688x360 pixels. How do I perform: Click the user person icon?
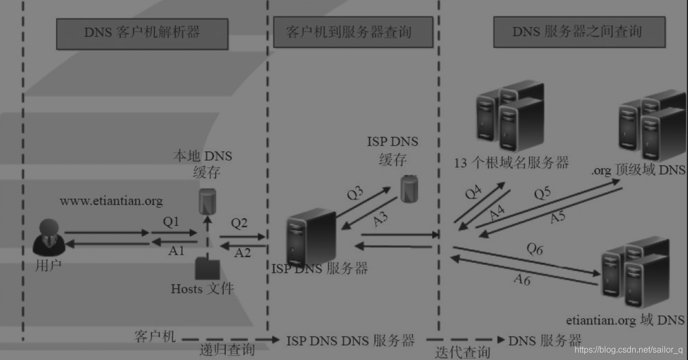tap(48, 237)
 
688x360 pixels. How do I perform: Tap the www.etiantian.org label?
tap(111, 201)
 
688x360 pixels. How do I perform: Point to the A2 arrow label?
tap(242, 253)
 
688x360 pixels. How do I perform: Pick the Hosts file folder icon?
tap(207, 269)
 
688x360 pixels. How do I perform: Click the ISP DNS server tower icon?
tap(311, 236)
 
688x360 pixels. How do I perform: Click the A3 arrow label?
tap(381, 219)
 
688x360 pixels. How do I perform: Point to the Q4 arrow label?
tap(472, 192)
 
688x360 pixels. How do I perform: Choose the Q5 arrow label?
tap(542, 193)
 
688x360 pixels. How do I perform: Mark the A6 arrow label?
tap(522, 279)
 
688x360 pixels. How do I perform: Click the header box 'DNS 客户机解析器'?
tap(142, 32)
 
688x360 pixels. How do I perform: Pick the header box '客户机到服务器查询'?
tap(353, 32)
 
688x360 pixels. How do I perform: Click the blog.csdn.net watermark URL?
tap(628, 350)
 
